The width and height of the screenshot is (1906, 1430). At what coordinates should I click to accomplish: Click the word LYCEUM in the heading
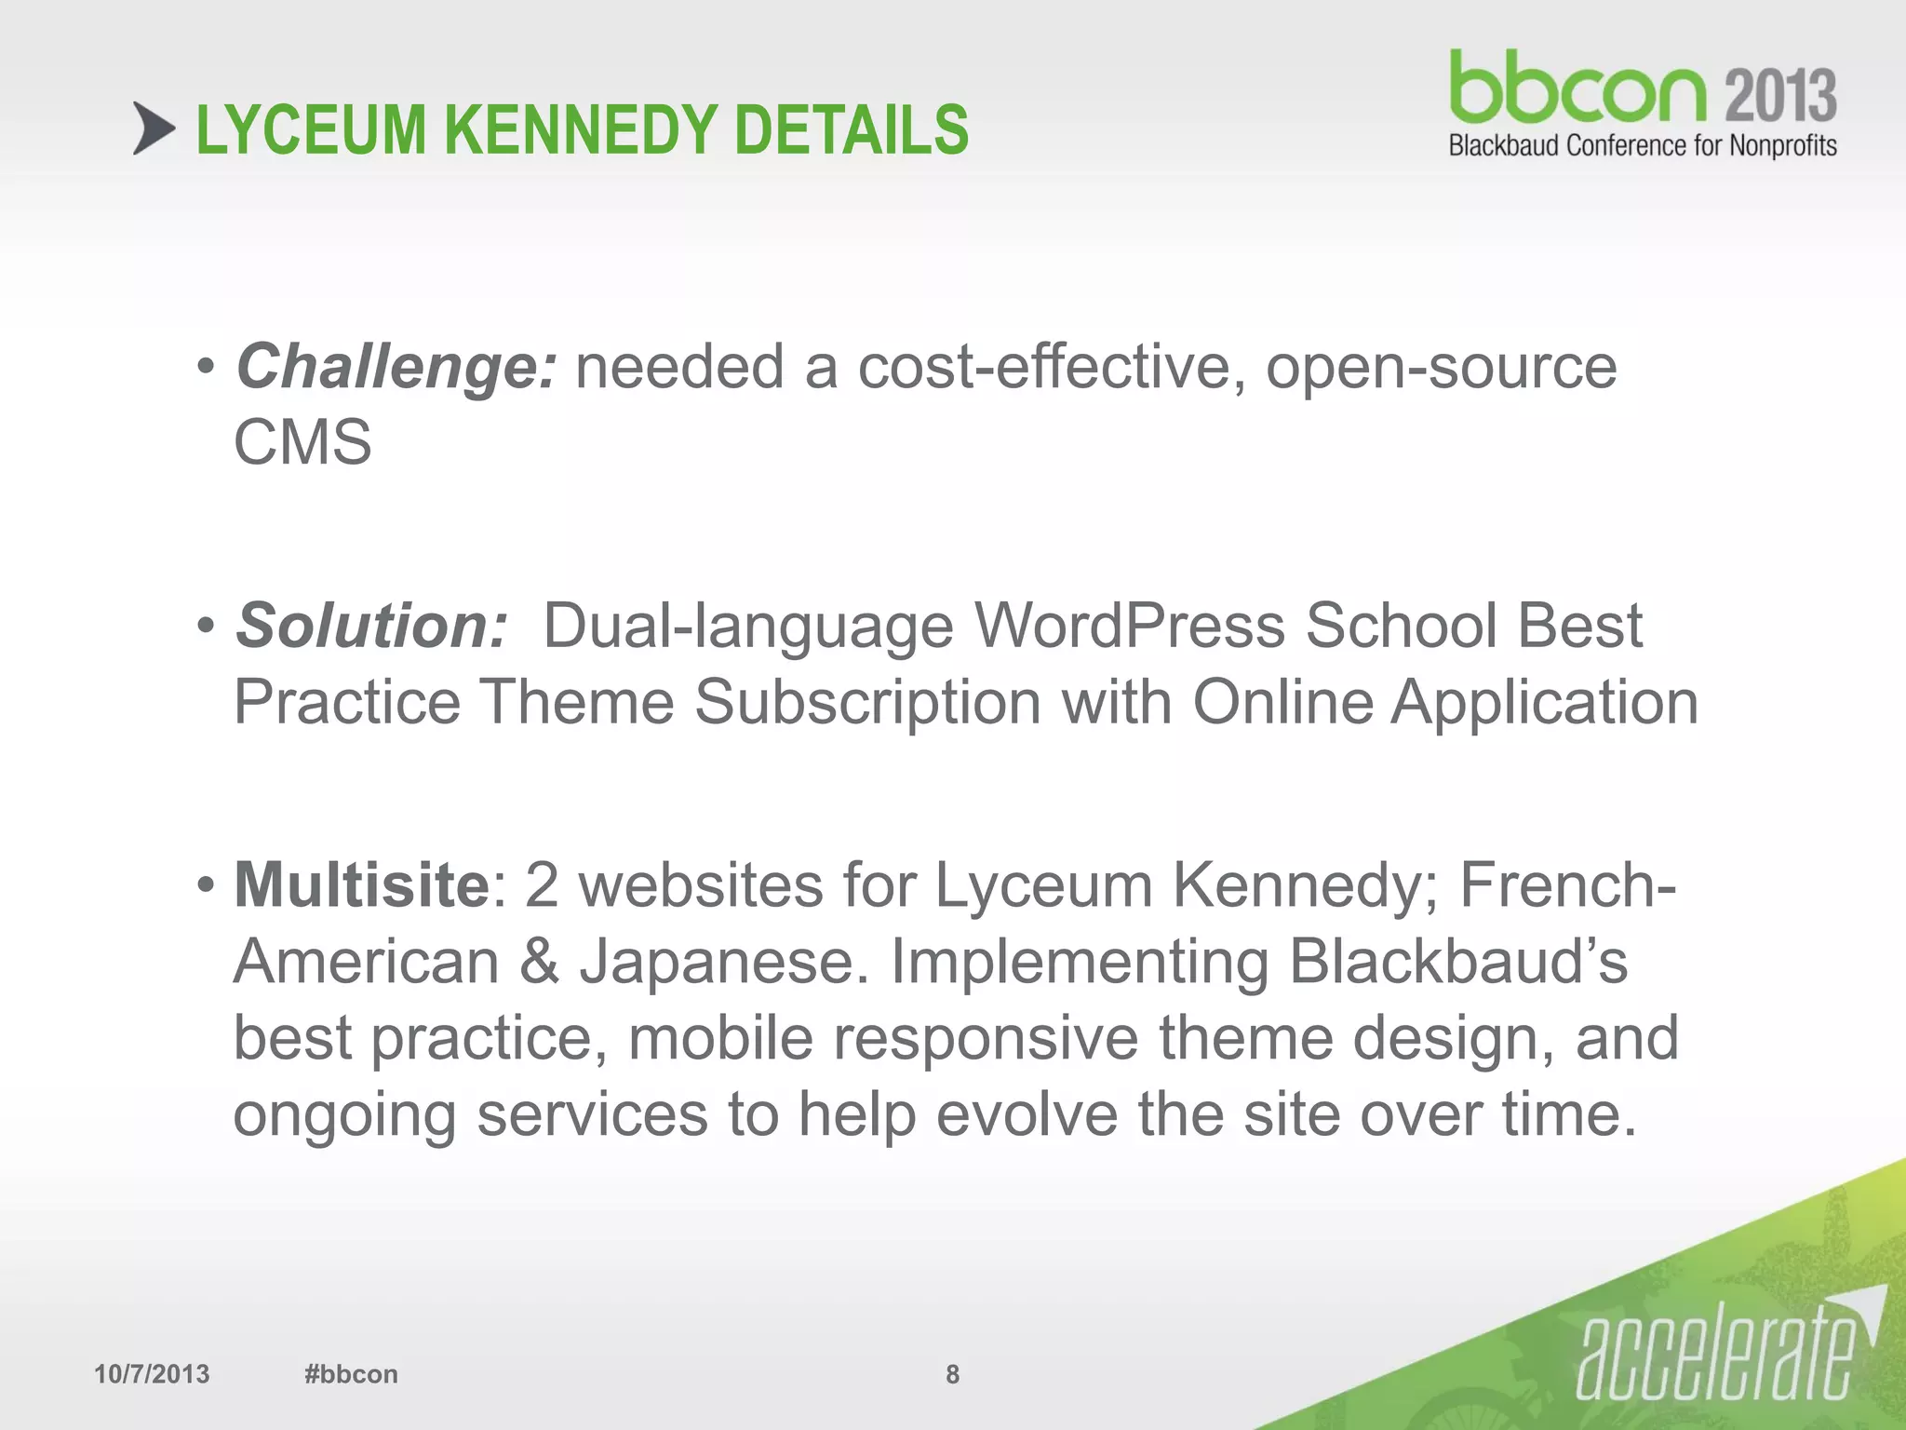[311, 129]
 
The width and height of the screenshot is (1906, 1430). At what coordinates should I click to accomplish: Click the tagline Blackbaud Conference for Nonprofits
[1642, 145]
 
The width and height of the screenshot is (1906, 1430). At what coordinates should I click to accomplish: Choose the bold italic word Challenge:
[396, 368]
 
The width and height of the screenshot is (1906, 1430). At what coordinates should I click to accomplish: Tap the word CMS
[302, 442]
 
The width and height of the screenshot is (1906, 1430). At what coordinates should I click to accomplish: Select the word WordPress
[1128, 626]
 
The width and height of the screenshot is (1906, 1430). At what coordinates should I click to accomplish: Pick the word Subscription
[867, 702]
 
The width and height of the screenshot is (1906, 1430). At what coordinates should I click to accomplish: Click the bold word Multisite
[361, 884]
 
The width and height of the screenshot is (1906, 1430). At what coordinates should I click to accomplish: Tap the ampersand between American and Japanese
[539, 961]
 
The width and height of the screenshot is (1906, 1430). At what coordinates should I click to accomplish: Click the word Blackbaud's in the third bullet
[1457, 961]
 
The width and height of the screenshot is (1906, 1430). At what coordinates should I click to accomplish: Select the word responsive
[985, 1038]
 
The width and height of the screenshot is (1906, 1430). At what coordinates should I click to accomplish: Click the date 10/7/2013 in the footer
[152, 1374]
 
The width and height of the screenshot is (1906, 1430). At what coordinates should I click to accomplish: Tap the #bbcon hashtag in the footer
[351, 1374]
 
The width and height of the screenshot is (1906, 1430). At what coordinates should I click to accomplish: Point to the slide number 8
[952, 1374]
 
